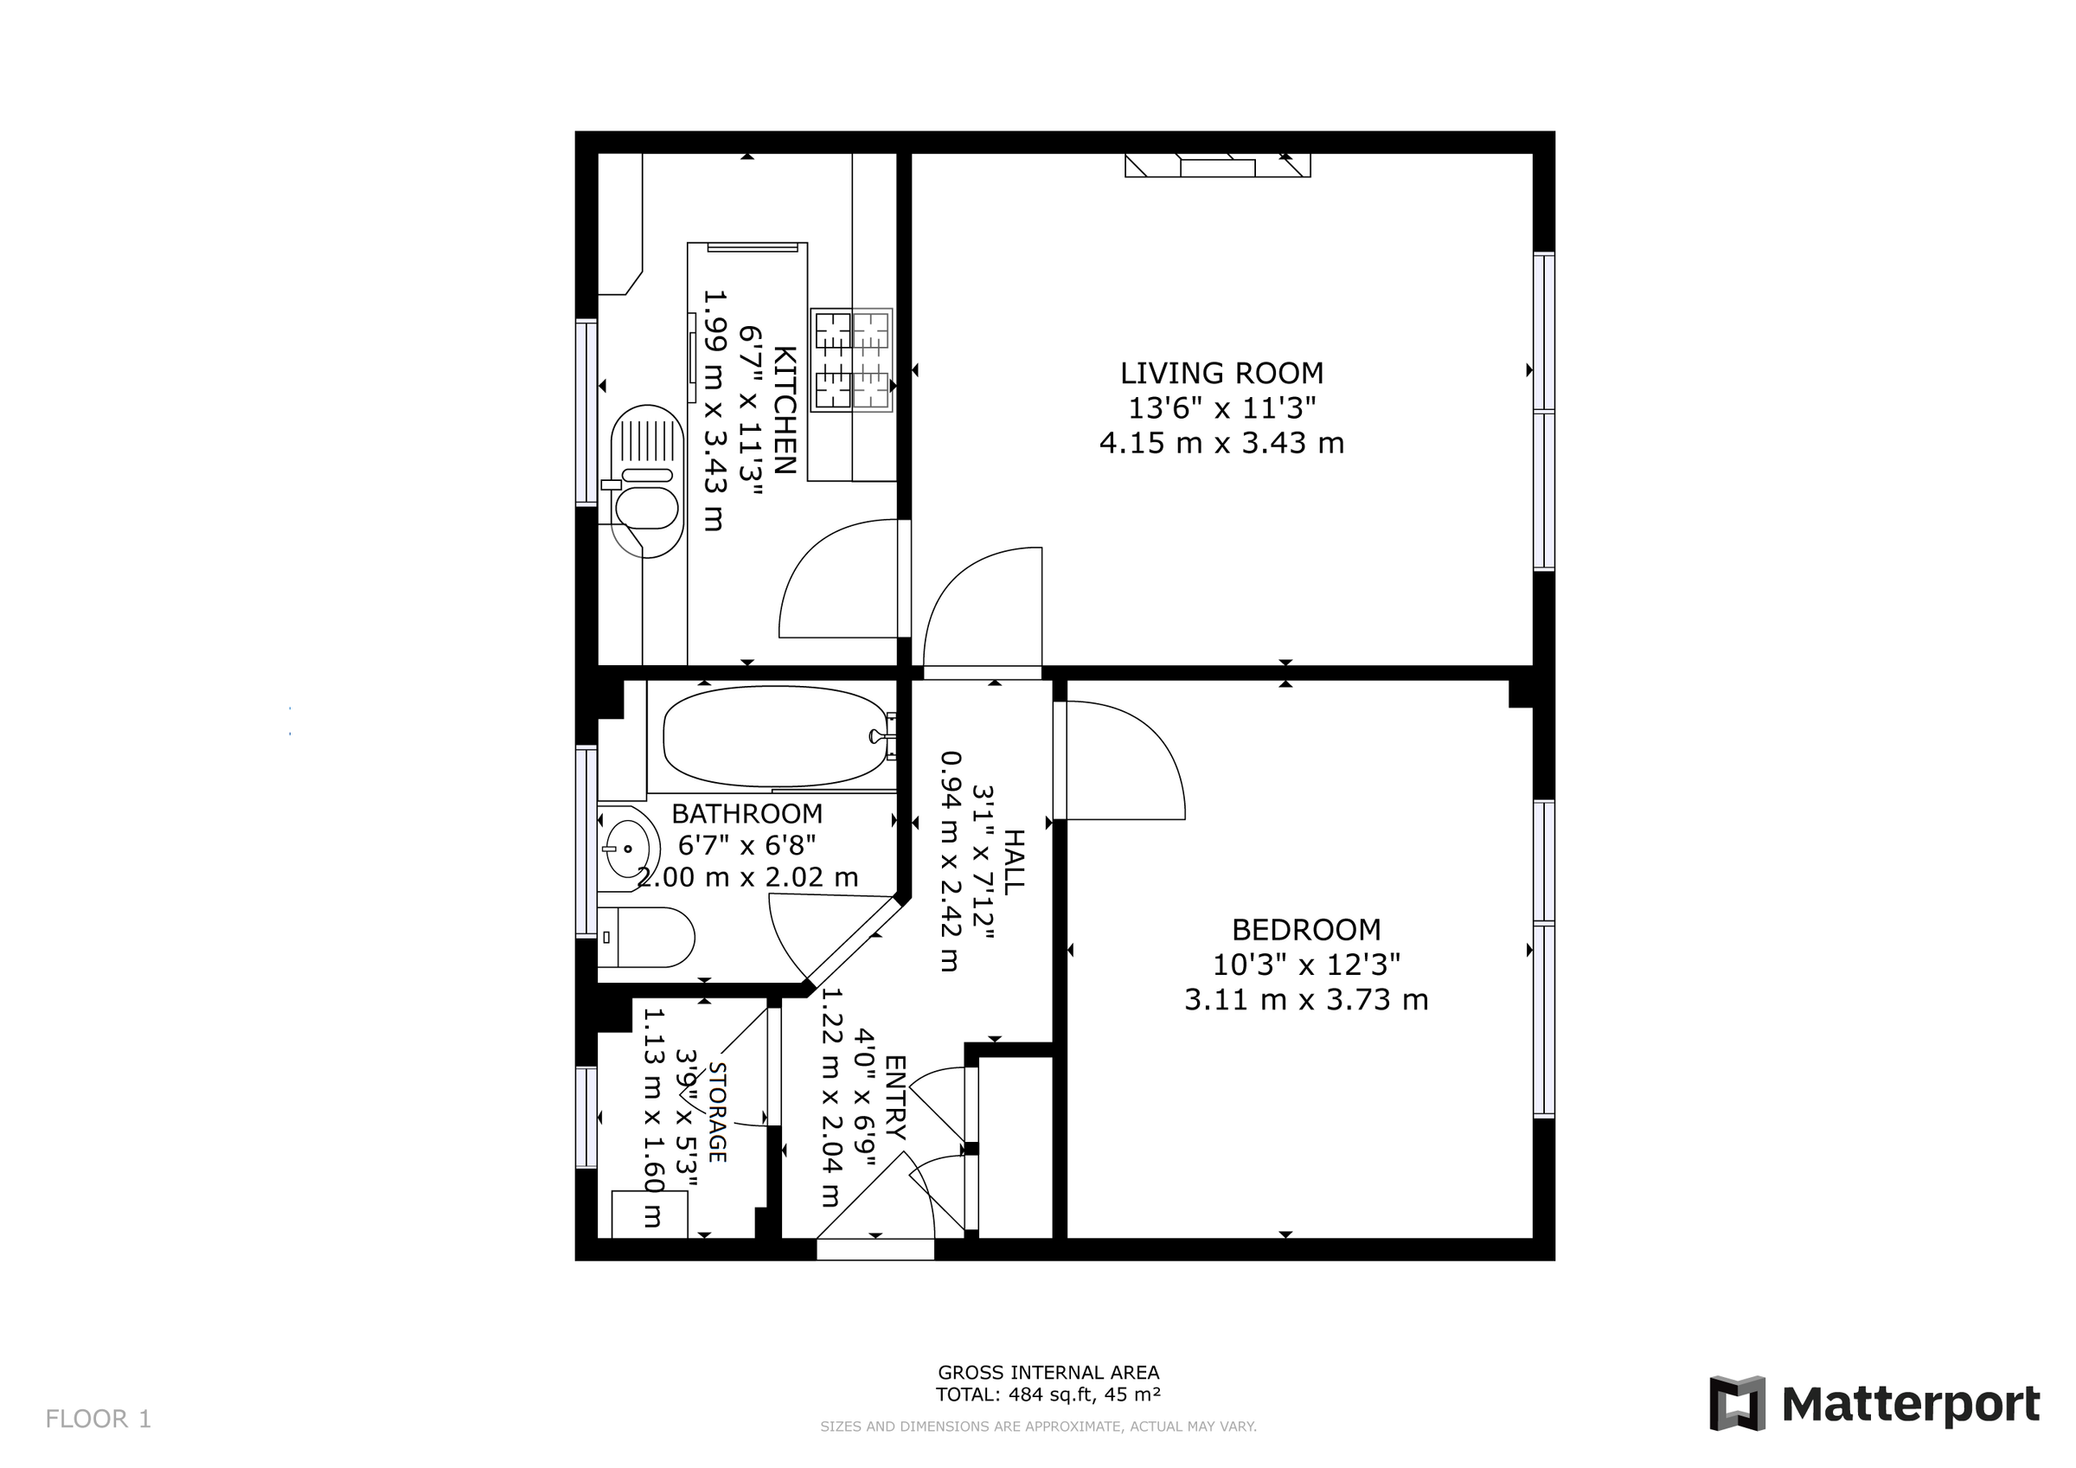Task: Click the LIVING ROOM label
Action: click(x=1221, y=373)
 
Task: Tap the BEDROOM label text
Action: click(x=1305, y=929)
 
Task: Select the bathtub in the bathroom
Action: click(x=776, y=736)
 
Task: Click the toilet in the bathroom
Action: click(x=647, y=938)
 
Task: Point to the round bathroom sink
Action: click(x=626, y=849)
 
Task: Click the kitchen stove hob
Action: click(x=852, y=360)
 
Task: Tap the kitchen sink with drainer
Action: click(x=645, y=480)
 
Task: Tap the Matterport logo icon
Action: click(x=1737, y=1403)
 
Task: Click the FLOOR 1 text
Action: click(x=99, y=1418)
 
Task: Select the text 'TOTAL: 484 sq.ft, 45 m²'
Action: click(x=1048, y=1394)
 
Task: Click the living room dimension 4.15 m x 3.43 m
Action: click(x=1221, y=443)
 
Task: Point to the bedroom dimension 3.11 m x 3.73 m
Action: click(x=1305, y=999)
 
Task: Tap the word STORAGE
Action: click(x=717, y=1112)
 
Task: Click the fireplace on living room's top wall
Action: click(x=1217, y=165)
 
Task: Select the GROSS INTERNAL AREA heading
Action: click(x=1048, y=1372)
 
